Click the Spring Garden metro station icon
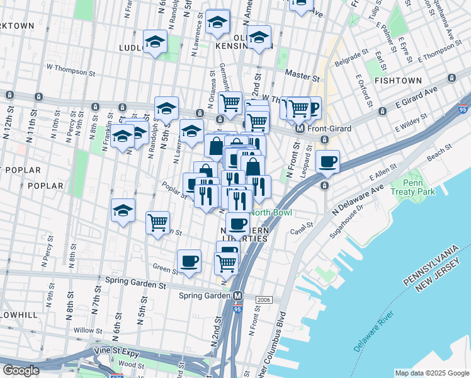click(238, 296)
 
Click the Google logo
click(20, 370)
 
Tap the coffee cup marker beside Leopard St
click(327, 161)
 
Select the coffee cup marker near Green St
click(189, 261)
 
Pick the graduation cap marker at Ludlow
click(154, 42)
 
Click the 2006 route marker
click(264, 299)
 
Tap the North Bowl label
click(271, 212)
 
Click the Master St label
click(302, 76)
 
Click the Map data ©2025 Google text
click(431, 373)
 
